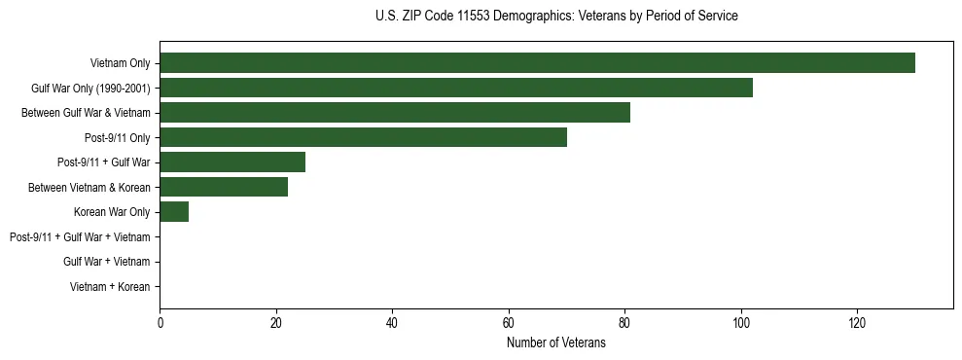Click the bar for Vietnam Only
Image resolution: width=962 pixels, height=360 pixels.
pyautogui.click(x=537, y=63)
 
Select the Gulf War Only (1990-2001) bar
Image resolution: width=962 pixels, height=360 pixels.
pyautogui.click(x=456, y=89)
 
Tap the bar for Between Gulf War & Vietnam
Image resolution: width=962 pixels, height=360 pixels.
pyautogui.click(x=395, y=113)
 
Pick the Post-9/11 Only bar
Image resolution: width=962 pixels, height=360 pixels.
pyautogui.click(x=363, y=138)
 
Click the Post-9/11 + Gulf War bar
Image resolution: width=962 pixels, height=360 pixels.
pyautogui.click(x=232, y=162)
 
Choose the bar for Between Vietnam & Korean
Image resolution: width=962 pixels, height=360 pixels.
pyautogui.click(x=224, y=188)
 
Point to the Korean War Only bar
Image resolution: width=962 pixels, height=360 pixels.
pyautogui.click(x=174, y=212)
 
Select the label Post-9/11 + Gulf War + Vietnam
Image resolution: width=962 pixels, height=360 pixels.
pyautogui.click(x=80, y=237)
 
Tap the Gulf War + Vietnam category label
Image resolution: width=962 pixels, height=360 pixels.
pyautogui.click(x=106, y=262)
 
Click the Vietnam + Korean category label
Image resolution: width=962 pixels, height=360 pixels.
pyautogui.click(x=110, y=287)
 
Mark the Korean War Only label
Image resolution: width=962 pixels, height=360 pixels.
pyautogui.click(x=112, y=212)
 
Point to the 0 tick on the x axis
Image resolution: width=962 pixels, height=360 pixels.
pyautogui.click(x=160, y=323)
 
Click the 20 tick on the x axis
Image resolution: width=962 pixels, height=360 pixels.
pyautogui.click(x=276, y=323)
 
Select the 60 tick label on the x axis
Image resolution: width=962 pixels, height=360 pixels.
pyautogui.click(x=509, y=323)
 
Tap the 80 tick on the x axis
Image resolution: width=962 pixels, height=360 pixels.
pyautogui.click(x=624, y=323)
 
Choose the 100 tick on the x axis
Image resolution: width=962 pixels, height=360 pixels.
pyautogui.click(x=741, y=323)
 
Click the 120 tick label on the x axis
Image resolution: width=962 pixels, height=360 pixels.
pyautogui.click(x=857, y=323)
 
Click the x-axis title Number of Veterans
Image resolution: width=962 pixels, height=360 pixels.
pyautogui.click(x=555, y=342)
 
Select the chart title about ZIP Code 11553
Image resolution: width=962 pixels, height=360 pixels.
pyautogui.click(x=555, y=17)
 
